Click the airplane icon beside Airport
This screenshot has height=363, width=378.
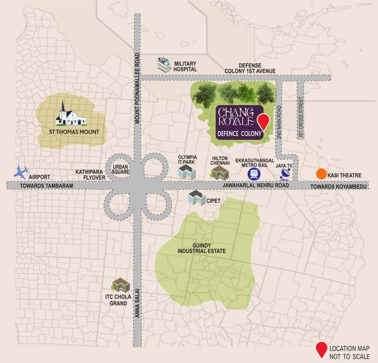click(x=20, y=171)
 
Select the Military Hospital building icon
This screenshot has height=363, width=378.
click(x=164, y=64)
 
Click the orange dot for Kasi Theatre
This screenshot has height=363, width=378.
click(x=321, y=174)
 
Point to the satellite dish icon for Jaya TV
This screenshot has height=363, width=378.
click(x=286, y=173)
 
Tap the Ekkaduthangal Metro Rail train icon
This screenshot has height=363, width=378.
click(x=254, y=173)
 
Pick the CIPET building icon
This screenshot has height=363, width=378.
click(x=196, y=198)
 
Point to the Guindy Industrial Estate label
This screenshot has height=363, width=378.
click(x=201, y=248)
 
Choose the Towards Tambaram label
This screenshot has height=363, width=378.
click(x=47, y=186)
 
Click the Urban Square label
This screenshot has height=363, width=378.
click(x=121, y=170)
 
